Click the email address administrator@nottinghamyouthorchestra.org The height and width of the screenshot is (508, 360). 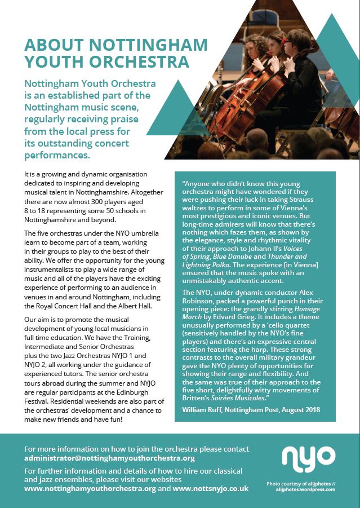[x=109, y=458]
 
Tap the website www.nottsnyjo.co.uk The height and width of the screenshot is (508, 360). [x=211, y=489]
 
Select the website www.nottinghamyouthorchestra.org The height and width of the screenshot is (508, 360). [x=90, y=489]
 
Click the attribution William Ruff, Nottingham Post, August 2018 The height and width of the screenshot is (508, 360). [x=251, y=409]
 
